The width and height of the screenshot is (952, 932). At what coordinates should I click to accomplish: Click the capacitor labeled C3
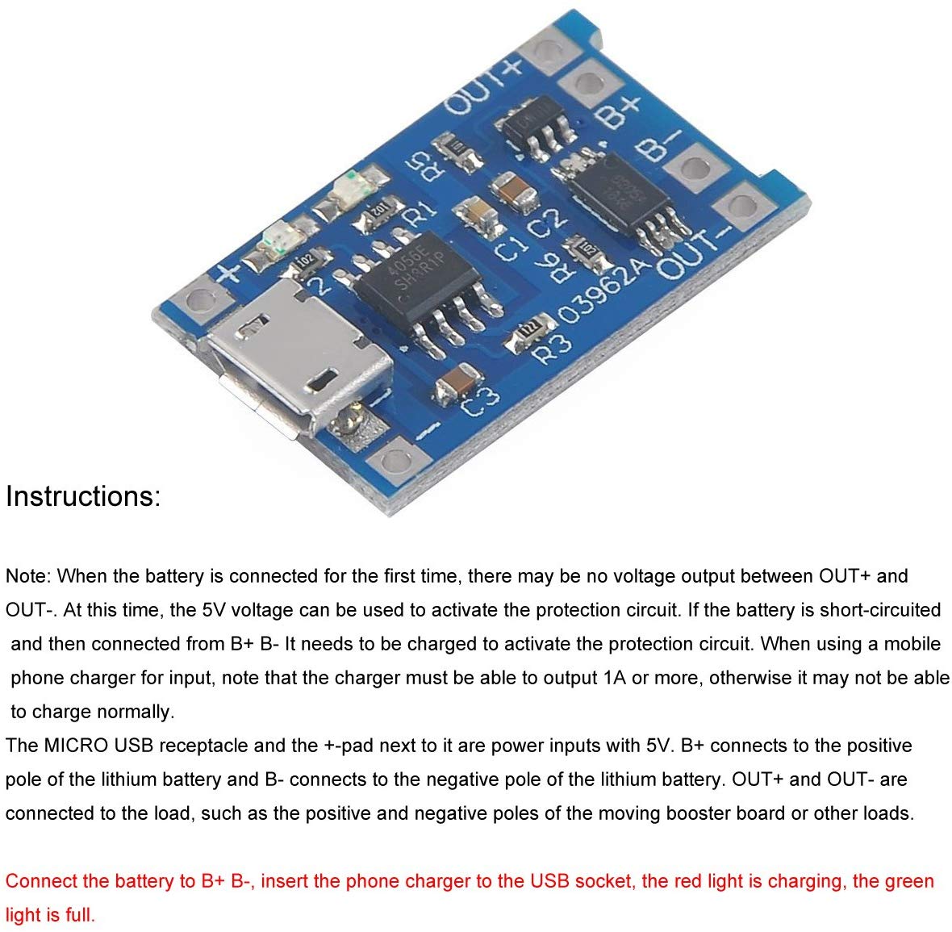(457, 381)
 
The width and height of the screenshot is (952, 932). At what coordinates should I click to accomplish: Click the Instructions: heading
(83, 495)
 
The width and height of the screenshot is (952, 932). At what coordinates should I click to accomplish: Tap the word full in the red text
(77, 915)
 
